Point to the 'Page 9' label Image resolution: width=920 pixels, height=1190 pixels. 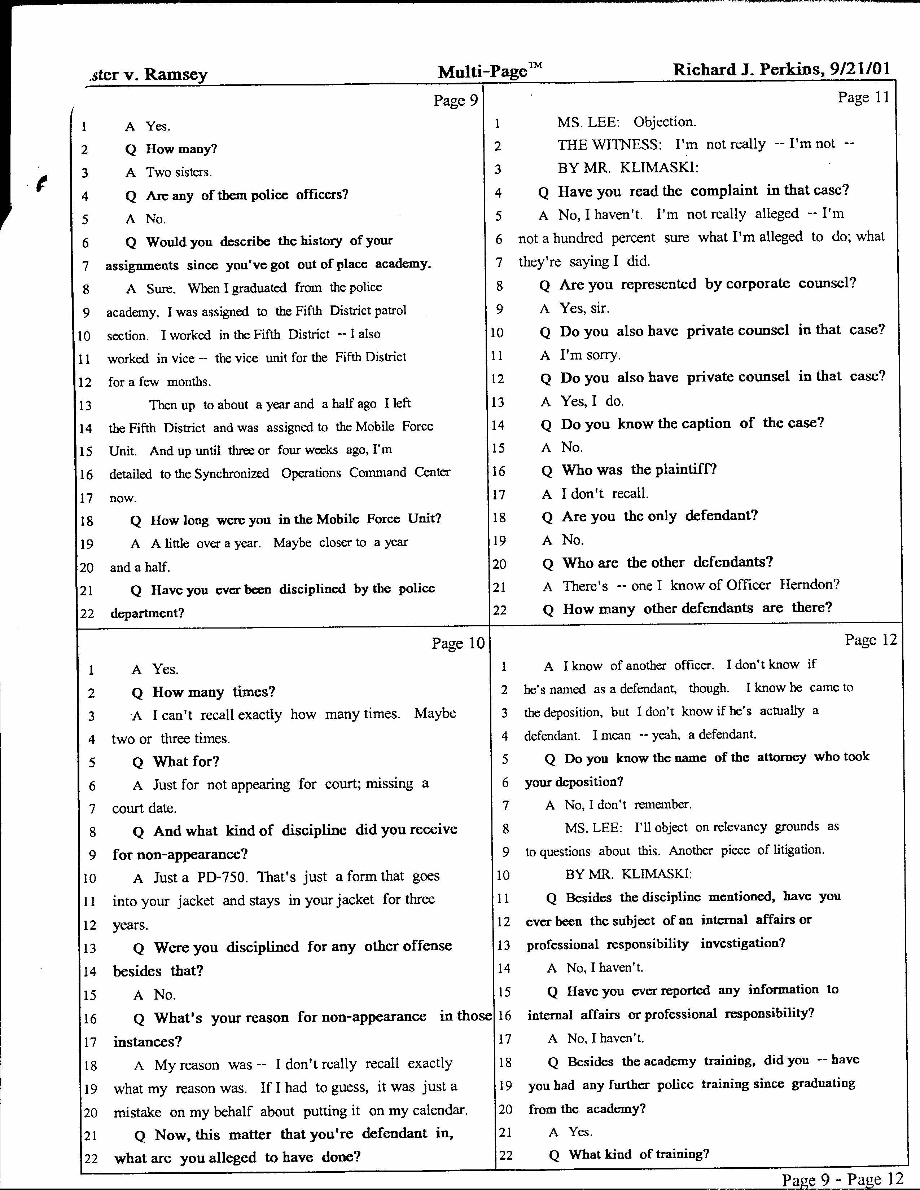[x=456, y=101]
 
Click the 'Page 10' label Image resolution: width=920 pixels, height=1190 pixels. [x=458, y=643]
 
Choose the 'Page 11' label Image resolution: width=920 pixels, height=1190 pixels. [x=863, y=97]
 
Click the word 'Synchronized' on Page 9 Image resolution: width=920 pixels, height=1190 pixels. [x=232, y=473]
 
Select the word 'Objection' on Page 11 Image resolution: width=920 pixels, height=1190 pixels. [x=665, y=122]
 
